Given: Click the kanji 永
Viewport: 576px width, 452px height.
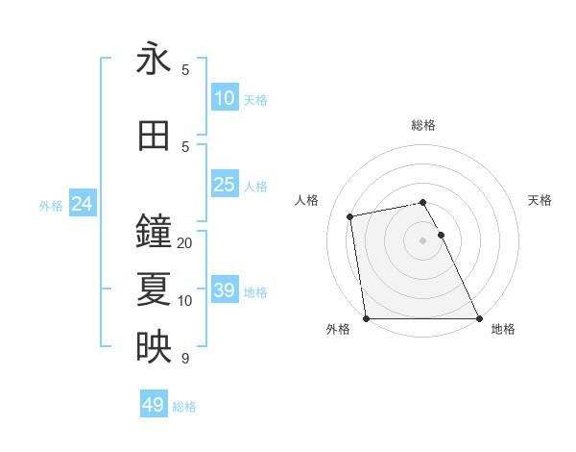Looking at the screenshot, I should [154, 60].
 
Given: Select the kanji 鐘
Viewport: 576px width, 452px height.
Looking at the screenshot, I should [154, 232].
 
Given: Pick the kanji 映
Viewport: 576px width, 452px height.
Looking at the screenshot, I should [154, 347].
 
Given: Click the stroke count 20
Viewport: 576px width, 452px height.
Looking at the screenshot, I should [185, 243].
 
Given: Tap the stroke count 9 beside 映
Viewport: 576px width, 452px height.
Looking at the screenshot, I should [185, 359].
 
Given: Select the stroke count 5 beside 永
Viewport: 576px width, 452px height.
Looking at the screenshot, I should [185, 70].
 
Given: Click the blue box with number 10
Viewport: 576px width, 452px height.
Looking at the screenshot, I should [224, 98].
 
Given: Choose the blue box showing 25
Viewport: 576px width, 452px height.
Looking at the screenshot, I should [224, 185].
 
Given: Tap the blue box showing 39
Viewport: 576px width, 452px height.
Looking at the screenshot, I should [224, 290].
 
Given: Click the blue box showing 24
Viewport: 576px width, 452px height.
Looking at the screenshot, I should [83, 204].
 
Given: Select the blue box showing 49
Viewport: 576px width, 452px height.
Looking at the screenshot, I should [154, 405].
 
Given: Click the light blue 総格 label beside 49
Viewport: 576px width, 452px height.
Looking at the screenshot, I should [184, 407].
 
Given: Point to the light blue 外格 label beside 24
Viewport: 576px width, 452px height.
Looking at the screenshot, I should [51, 206].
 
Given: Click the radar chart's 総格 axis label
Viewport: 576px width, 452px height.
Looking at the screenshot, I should [423, 125].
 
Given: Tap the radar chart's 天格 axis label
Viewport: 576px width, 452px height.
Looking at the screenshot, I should [540, 200].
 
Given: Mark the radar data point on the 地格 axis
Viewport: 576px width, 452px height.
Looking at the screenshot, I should [478, 317].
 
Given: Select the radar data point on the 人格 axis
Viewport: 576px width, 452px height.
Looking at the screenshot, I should [351, 216].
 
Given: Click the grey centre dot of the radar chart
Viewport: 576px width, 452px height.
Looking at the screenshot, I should [423, 240].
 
